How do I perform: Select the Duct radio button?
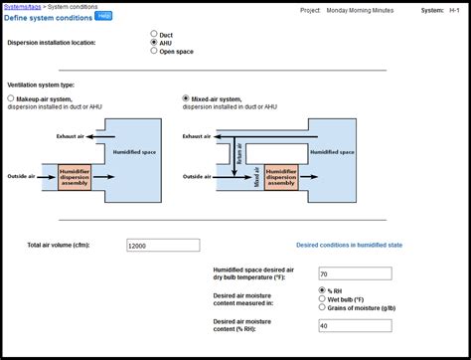click(153, 34)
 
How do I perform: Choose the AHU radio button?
click(153, 43)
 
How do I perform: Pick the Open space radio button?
click(153, 52)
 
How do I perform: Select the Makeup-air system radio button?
click(11, 99)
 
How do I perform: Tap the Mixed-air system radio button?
click(186, 99)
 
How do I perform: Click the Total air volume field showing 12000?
click(163, 245)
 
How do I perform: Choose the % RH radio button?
click(322, 289)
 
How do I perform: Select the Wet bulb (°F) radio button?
click(322, 298)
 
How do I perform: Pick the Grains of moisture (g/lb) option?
click(322, 307)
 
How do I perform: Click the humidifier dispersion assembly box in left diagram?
click(75, 176)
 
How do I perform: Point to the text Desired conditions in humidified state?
click(349, 245)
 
